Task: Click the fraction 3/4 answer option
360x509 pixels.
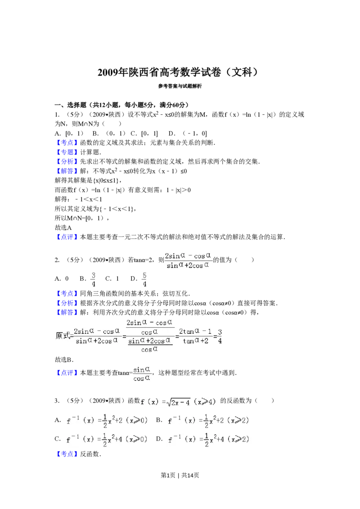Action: point(94,279)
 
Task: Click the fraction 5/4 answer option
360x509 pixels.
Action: point(144,279)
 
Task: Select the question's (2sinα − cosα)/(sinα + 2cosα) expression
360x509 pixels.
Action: point(189,259)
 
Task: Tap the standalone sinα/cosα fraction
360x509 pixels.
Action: point(142,374)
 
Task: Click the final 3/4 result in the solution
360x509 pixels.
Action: point(220,336)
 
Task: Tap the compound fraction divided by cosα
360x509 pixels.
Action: point(150,336)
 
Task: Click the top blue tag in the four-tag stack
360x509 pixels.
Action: point(67,143)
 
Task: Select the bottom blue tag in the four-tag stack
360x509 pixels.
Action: point(67,171)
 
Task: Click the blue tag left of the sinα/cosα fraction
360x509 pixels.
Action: point(67,373)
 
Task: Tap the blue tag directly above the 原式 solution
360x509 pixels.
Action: point(67,313)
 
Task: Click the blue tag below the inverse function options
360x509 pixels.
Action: point(67,454)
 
